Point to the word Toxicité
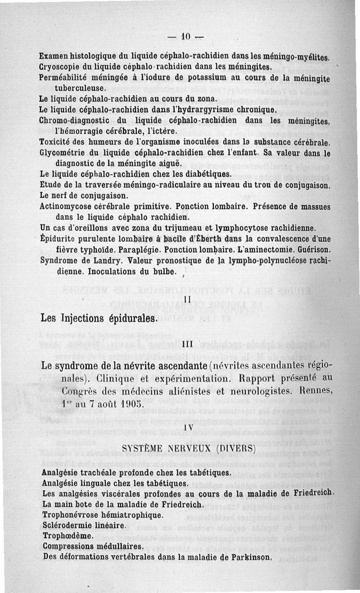pos(56,143)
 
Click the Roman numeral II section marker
pos(189,299)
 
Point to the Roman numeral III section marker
pos(189,344)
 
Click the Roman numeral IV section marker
pos(189,427)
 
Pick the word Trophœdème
pos(67,535)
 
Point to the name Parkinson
pos(251,557)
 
